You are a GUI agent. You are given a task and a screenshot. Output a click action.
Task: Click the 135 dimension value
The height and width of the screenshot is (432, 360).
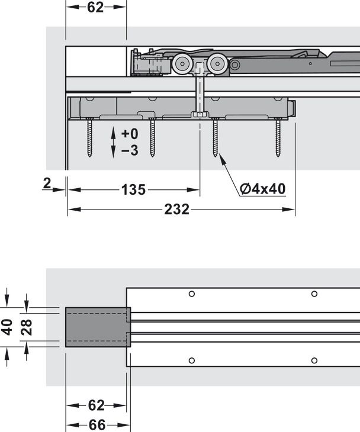click(133, 190)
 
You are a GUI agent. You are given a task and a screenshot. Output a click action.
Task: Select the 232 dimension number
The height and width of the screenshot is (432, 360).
click(177, 209)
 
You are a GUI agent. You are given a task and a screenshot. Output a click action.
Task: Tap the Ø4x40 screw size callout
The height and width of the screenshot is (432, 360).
click(263, 189)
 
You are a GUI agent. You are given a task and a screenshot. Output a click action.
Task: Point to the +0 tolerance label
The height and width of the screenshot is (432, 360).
click(129, 134)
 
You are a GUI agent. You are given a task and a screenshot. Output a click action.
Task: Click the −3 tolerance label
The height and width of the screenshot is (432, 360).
click(129, 151)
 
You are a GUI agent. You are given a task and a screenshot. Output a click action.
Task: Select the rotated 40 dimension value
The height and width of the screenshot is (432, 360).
click(8, 326)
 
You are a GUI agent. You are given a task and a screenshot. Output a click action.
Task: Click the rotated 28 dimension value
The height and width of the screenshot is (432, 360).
click(27, 326)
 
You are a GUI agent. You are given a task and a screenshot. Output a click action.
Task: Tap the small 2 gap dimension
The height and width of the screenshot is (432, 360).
click(47, 184)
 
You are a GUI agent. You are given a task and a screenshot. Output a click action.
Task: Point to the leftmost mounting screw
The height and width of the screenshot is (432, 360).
click(89, 137)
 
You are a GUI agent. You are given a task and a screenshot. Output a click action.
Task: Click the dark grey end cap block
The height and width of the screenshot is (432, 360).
click(97, 326)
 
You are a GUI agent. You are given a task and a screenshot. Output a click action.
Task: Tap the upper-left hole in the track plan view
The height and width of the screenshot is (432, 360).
click(191, 294)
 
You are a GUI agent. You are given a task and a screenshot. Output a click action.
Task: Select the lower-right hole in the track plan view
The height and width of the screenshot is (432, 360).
click(314, 360)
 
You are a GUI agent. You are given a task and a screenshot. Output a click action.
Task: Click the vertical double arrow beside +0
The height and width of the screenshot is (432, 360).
click(113, 143)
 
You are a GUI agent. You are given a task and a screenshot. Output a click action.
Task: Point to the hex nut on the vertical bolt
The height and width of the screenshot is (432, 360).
click(200, 114)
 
